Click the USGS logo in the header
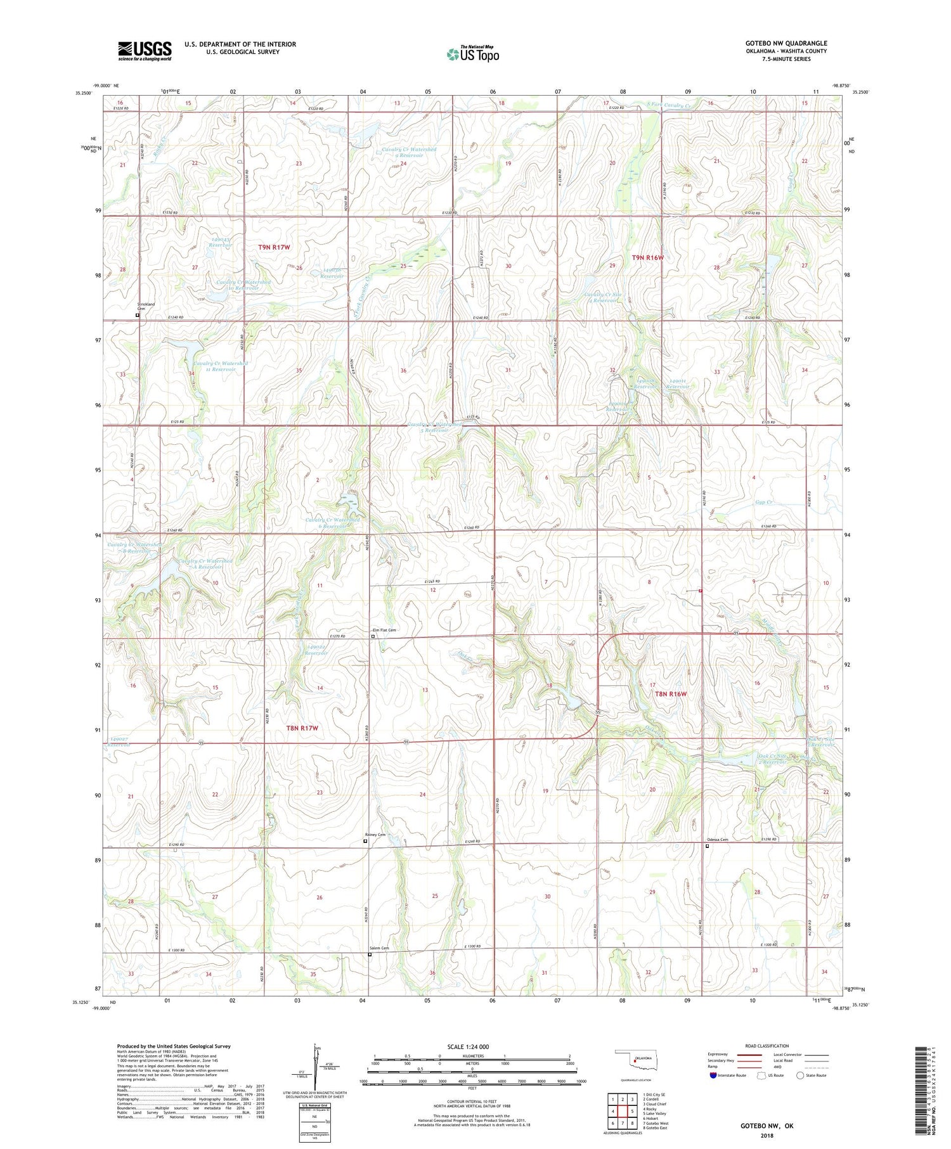point(145,51)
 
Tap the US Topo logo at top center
point(472,55)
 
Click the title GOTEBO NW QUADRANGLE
point(786,43)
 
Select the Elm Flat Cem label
point(384,630)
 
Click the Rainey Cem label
point(375,835)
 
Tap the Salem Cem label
point(379,948)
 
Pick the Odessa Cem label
point(718,840)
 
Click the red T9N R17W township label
point(274,247)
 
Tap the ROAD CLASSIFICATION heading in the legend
point(767,1046)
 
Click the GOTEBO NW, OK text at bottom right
point(767,1126)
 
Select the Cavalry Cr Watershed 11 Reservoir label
point(220,366)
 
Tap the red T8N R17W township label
point(302,728)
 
